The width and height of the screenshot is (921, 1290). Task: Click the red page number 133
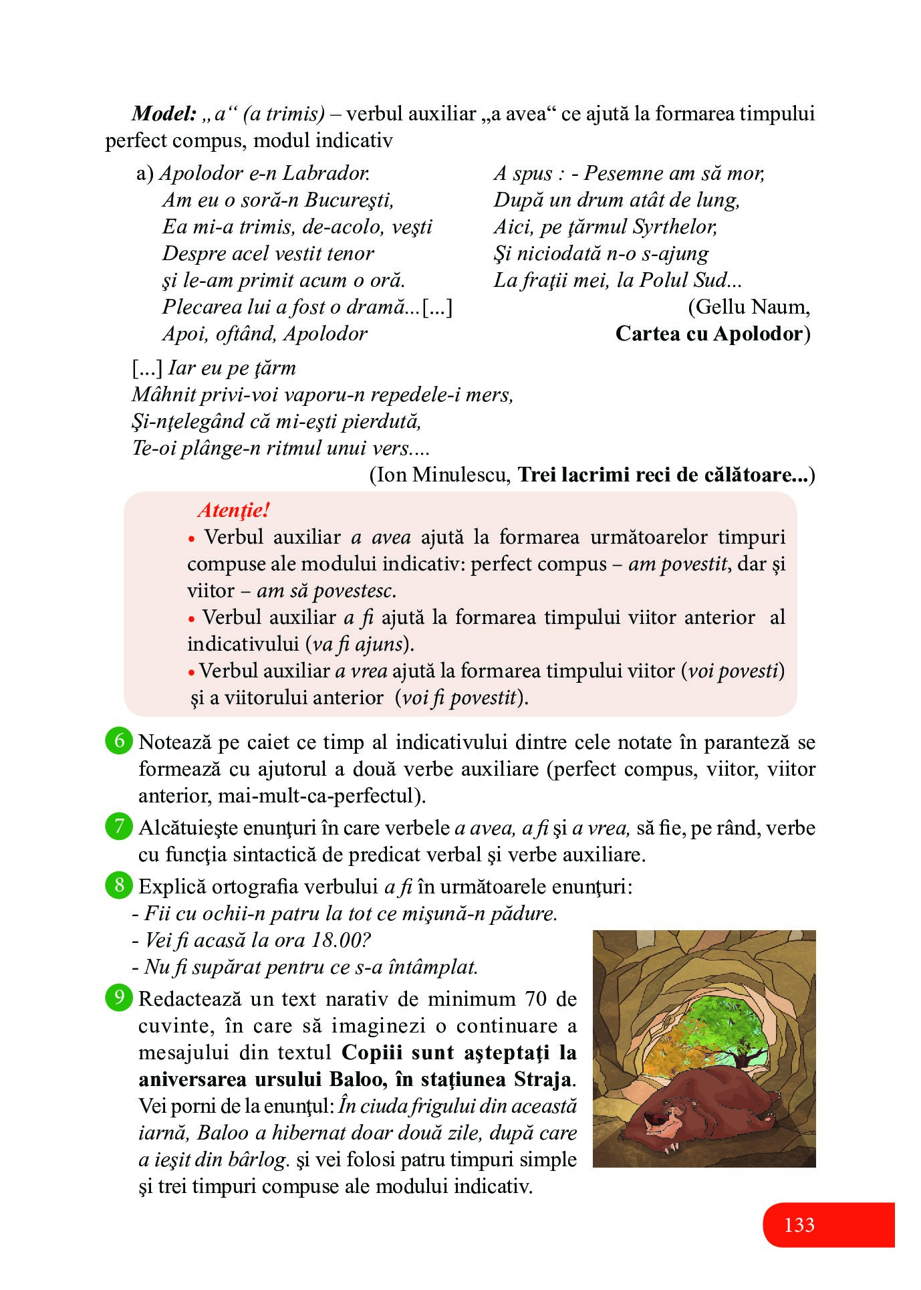pyautogui.click(x=799, y=1224)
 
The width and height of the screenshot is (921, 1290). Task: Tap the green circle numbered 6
pyautogui.click(x=119, y=741)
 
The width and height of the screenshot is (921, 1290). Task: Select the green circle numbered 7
pyautogui.click(x=119, y=827)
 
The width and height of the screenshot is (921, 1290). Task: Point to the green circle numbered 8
pyautogui.click(x=119, y=885)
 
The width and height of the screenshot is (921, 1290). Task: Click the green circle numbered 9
pyautogui.click(x=119, y=998)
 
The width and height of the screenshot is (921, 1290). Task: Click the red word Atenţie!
pyautogui.click(x=234, y=510)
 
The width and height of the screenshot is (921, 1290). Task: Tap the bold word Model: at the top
pyautogui.click(x=164, y=114)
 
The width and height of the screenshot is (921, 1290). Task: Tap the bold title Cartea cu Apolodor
pyautogui.click(x=712, y=334)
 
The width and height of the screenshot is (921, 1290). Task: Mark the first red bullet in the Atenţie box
pyautogui.click(x=192, y=538)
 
